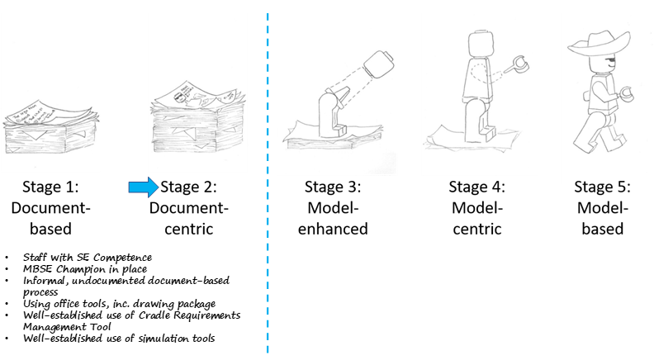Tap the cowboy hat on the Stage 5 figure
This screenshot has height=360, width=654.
pyautogui.click(x=601, y=44)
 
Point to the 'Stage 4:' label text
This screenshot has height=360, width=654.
pyautogui.click(x=476, y=187)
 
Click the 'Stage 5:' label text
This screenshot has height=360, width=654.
pyautogui.click(x=600, y=187)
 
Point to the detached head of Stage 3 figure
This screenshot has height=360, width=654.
pyautogui.click(x=378, y=64)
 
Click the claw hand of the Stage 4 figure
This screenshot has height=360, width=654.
pyautogui.click(x=519, y=64)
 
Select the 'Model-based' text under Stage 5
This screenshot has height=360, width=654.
pyautogui.click(x=600, y=218)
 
